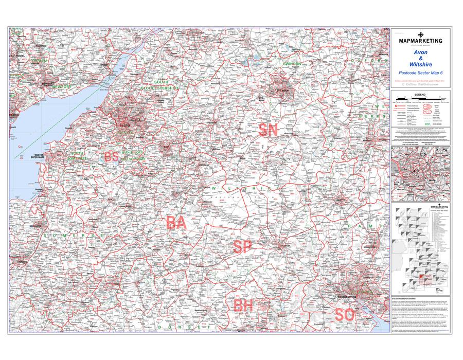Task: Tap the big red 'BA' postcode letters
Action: [x=176, y=223]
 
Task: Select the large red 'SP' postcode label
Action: [x=242, y=247]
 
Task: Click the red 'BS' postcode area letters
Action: [x=112, y=157]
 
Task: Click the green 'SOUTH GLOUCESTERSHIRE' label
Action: [x=161, y=85]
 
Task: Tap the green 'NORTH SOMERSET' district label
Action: [x=77, y=156]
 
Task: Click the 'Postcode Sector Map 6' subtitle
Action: [x=420, y=73]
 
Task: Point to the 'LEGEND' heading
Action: [x=420, y=95]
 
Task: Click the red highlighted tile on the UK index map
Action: [x=421, y=278]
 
